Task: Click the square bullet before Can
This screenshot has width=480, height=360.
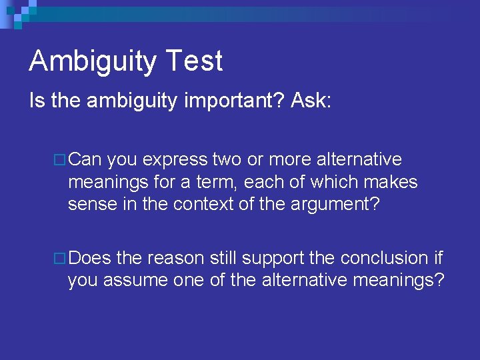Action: [x=60, y=161]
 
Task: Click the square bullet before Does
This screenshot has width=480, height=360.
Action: [x=60, y=258]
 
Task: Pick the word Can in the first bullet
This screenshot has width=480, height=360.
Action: [x=85, y=160]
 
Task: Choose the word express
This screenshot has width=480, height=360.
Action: [x=175, y=160]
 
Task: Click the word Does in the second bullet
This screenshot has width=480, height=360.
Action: [x=90, y=257]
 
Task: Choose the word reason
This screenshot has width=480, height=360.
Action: [x=175, y=257]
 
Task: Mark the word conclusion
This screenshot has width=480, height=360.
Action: [x=378, y=257]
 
